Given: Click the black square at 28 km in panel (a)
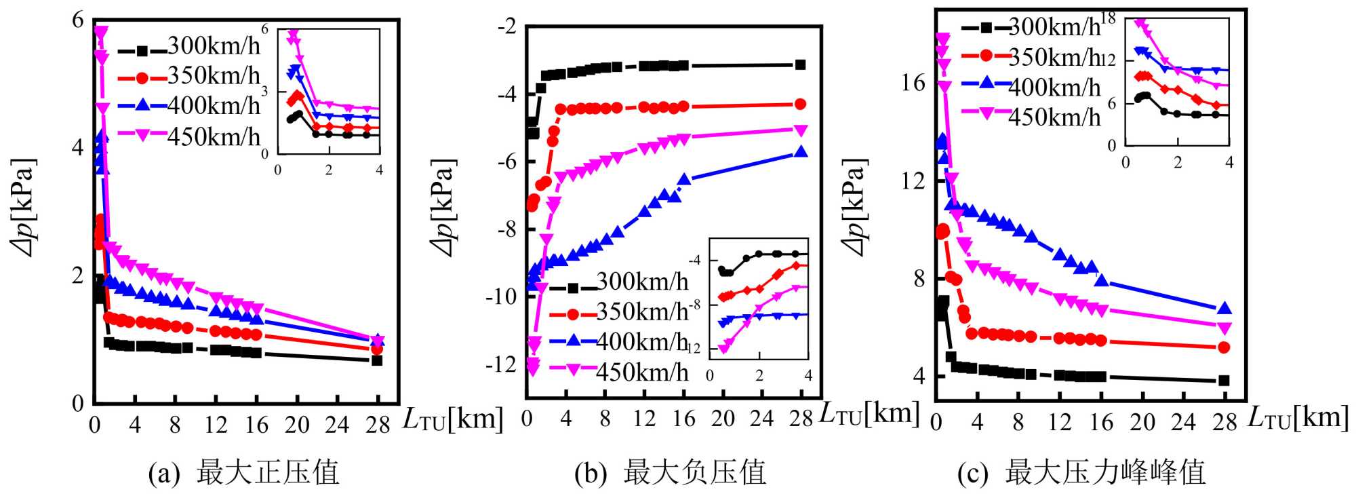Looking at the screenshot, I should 377,360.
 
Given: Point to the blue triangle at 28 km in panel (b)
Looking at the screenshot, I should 801,152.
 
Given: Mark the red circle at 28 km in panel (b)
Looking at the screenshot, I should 801,104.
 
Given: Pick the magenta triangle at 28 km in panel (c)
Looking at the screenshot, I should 1224,328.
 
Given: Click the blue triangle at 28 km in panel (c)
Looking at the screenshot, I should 1224,309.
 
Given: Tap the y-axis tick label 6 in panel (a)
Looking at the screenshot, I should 78,20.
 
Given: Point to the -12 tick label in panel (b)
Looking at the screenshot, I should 501,365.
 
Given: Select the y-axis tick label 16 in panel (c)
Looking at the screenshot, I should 913,83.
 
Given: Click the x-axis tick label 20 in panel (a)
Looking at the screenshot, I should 296,425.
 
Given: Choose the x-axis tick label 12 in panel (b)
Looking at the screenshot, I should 644,419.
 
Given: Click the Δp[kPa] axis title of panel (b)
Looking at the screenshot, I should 445,208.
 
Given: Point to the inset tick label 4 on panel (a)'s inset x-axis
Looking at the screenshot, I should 379,170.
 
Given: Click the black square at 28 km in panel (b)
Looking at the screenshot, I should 801,65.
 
